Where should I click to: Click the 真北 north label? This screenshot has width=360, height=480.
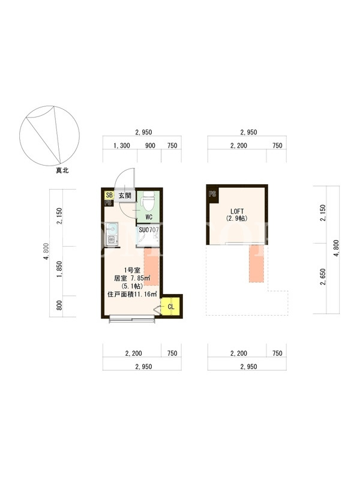click(62, 170)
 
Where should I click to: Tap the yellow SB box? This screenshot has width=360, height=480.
click(109, 195)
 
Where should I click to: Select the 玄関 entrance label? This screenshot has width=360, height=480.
click(125, 196)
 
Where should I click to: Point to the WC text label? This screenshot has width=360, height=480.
click(149, 217)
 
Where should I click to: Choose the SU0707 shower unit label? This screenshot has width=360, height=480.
click(149, 230)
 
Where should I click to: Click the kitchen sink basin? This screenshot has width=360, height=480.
click(112, 229)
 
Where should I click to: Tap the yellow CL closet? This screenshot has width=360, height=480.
click(170, 307)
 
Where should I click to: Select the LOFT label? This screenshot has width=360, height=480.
click(237, 212)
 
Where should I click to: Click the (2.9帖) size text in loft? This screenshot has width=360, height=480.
click(237, 218)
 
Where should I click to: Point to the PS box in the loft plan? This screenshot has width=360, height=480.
click(212, 194)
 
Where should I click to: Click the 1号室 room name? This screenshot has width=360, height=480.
click(132, 271)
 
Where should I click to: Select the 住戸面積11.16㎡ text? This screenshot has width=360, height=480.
click(132, 295)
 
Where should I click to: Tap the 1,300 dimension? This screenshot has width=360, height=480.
click(122, 146)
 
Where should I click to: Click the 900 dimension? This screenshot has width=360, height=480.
click(150, 146)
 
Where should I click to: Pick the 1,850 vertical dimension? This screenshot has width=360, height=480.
click(59, 269)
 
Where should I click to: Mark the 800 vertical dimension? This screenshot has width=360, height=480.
click(59, 305)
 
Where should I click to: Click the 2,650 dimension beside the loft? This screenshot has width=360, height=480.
click(323, 277)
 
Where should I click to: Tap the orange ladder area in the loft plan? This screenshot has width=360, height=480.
click(256, 263)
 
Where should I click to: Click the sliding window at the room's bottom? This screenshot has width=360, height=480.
click(132, 319)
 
